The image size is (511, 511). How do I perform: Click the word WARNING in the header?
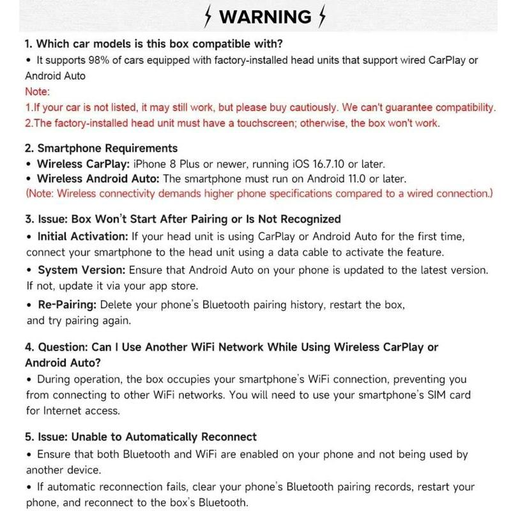pyautogui.click(x=265, y=17)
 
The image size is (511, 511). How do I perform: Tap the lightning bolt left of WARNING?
pyautogui.click(x=208, y=17)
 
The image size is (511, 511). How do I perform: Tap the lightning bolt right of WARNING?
pyautogui.click(x=322, y=17)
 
